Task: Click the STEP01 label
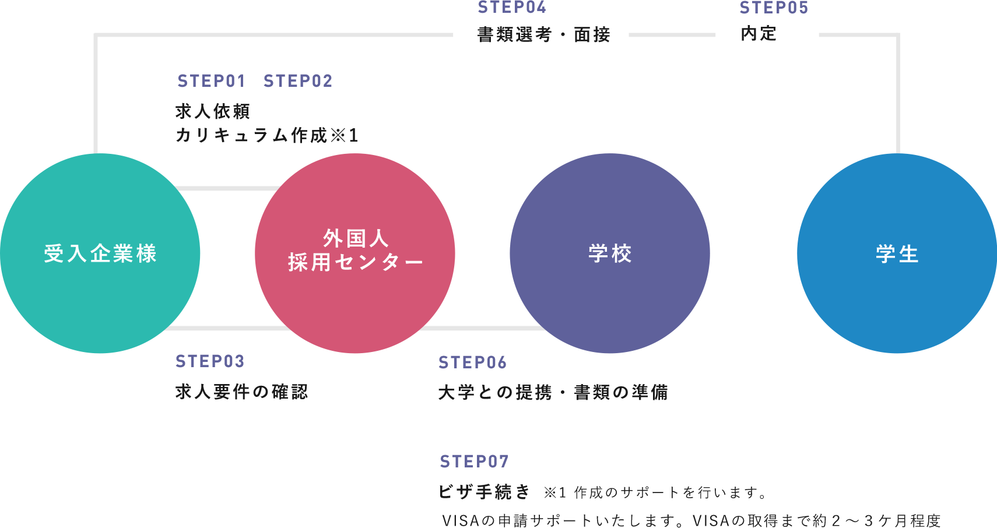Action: pos(211,81)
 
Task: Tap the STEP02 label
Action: pos(298,81)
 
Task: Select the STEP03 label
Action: pos(210,361)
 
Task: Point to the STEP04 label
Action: pos(512,8)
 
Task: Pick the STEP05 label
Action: pos(774,8)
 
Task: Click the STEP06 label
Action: pos(472,362)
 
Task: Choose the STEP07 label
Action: pos(474,462)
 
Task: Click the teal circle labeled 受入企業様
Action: pos(100,254)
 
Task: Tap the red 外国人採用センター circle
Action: pos(355,254)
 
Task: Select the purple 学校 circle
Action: pos(610,254)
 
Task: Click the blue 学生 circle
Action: pos(897,254)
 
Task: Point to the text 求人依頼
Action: pos(213,111)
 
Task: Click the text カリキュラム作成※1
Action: pos(267,135)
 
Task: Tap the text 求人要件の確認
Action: pos(241,392)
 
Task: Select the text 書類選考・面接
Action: pos(543,35)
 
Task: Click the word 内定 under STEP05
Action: pos(759,34)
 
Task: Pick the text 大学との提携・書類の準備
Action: pos(553,392)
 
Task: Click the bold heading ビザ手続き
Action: pos(484,492)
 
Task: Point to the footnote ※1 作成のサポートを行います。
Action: pos(656,493)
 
